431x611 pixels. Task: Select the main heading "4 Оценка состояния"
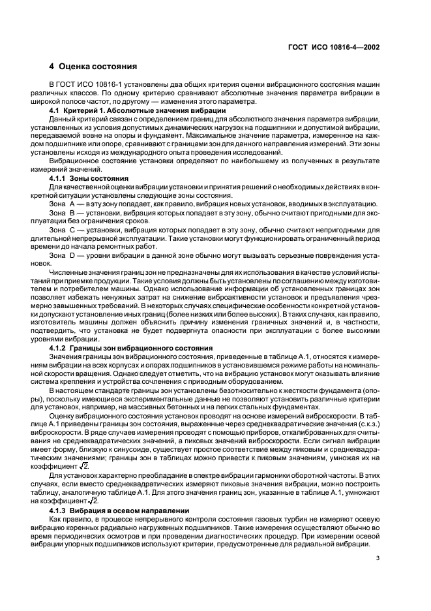pyautogui.click(x=93, y=67)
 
